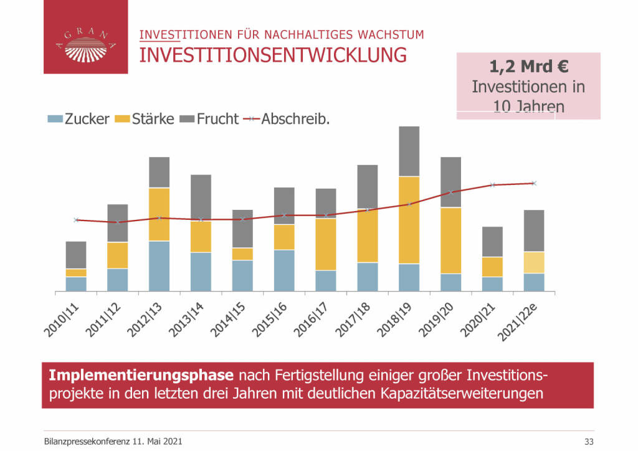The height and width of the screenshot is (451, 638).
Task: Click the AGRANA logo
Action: coord(85,37)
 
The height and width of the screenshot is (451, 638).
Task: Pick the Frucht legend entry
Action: coord(209,119)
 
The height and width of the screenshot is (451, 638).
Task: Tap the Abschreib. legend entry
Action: coord(287,119)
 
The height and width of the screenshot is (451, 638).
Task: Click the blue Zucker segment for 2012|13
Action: coord(159,266)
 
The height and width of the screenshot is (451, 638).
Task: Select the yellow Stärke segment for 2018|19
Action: coord(409,220)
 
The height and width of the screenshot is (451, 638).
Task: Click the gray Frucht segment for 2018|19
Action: coord(409,151)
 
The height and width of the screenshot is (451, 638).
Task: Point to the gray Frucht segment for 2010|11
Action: coord(76,255)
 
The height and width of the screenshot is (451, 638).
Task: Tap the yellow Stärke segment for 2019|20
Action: coord(450,240)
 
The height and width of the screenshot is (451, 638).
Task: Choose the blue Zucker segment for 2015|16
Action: coord(284,270)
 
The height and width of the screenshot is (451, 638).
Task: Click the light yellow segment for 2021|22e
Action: coord(534,262)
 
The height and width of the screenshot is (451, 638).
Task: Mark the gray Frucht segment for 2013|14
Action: coord(201,197)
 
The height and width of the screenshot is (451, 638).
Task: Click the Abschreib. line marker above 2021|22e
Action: coord(534,183)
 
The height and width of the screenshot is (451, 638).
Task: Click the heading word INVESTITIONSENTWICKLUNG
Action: coord(273,55)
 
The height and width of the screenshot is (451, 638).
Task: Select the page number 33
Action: coord(589,442)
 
